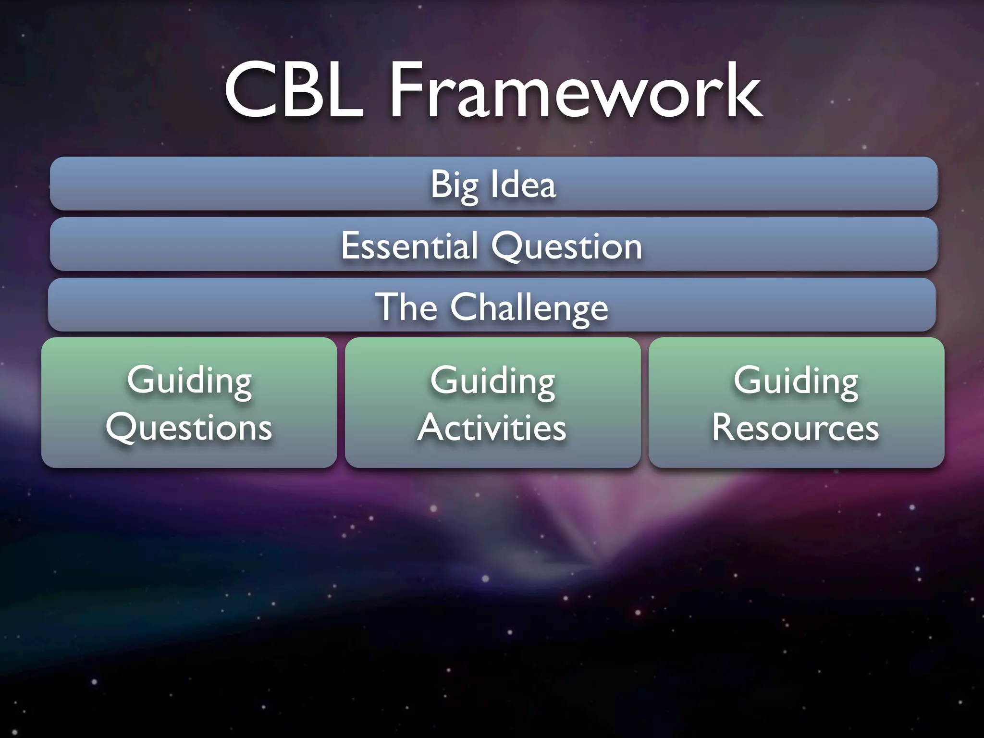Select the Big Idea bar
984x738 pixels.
[493, 184]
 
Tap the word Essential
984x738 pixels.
[409, 246]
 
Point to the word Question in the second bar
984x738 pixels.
[566, 246]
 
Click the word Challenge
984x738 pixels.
[529, 307]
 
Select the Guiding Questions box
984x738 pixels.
[189, 403]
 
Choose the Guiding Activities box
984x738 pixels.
[492, 403]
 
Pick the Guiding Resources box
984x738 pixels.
[796, 403]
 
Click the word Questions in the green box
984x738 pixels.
[189, 427]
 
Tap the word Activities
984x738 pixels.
[492, 427]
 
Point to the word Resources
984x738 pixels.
[796, 427]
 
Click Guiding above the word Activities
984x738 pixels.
[492, 381]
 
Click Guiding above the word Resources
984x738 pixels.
[796, 381]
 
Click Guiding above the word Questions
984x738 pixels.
[189, 381]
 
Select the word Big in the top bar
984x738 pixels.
[455, 185]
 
